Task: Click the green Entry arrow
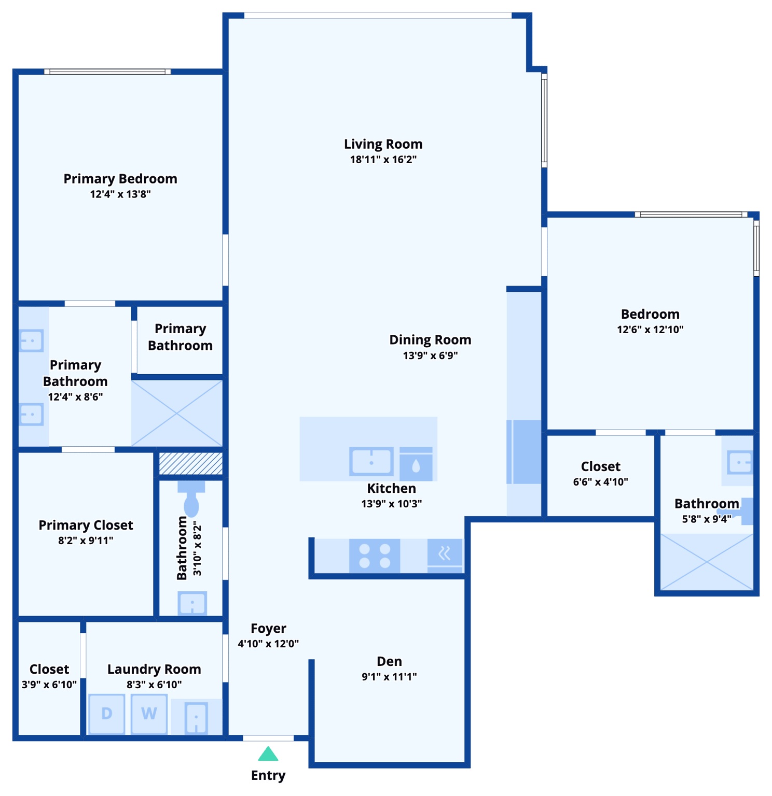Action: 268,754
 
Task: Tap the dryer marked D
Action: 107,714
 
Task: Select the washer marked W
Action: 149,714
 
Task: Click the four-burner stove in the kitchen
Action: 375,556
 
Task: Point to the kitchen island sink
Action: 371,461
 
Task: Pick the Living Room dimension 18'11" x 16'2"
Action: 383,160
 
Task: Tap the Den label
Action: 389,661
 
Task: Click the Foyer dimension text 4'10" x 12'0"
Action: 268,644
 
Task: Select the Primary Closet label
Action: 86,525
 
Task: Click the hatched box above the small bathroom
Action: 191,463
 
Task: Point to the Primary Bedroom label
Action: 120,179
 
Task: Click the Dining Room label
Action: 430,340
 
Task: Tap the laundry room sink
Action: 196,717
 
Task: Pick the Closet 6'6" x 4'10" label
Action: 600,466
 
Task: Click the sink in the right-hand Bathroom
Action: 739,461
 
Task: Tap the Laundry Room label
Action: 154,669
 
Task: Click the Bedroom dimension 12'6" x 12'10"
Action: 650,330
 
